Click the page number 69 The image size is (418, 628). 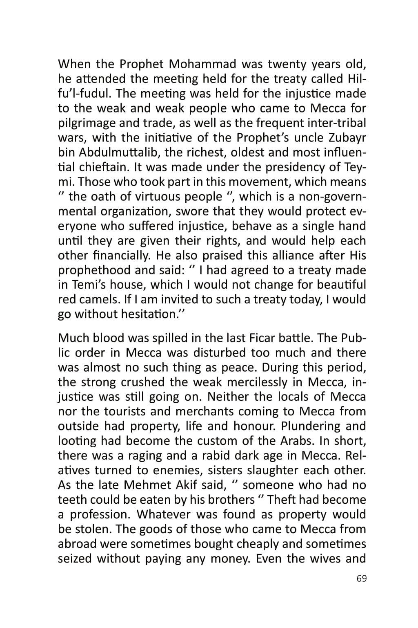[x=361, y=579]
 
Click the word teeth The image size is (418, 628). [x=72, y=500]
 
